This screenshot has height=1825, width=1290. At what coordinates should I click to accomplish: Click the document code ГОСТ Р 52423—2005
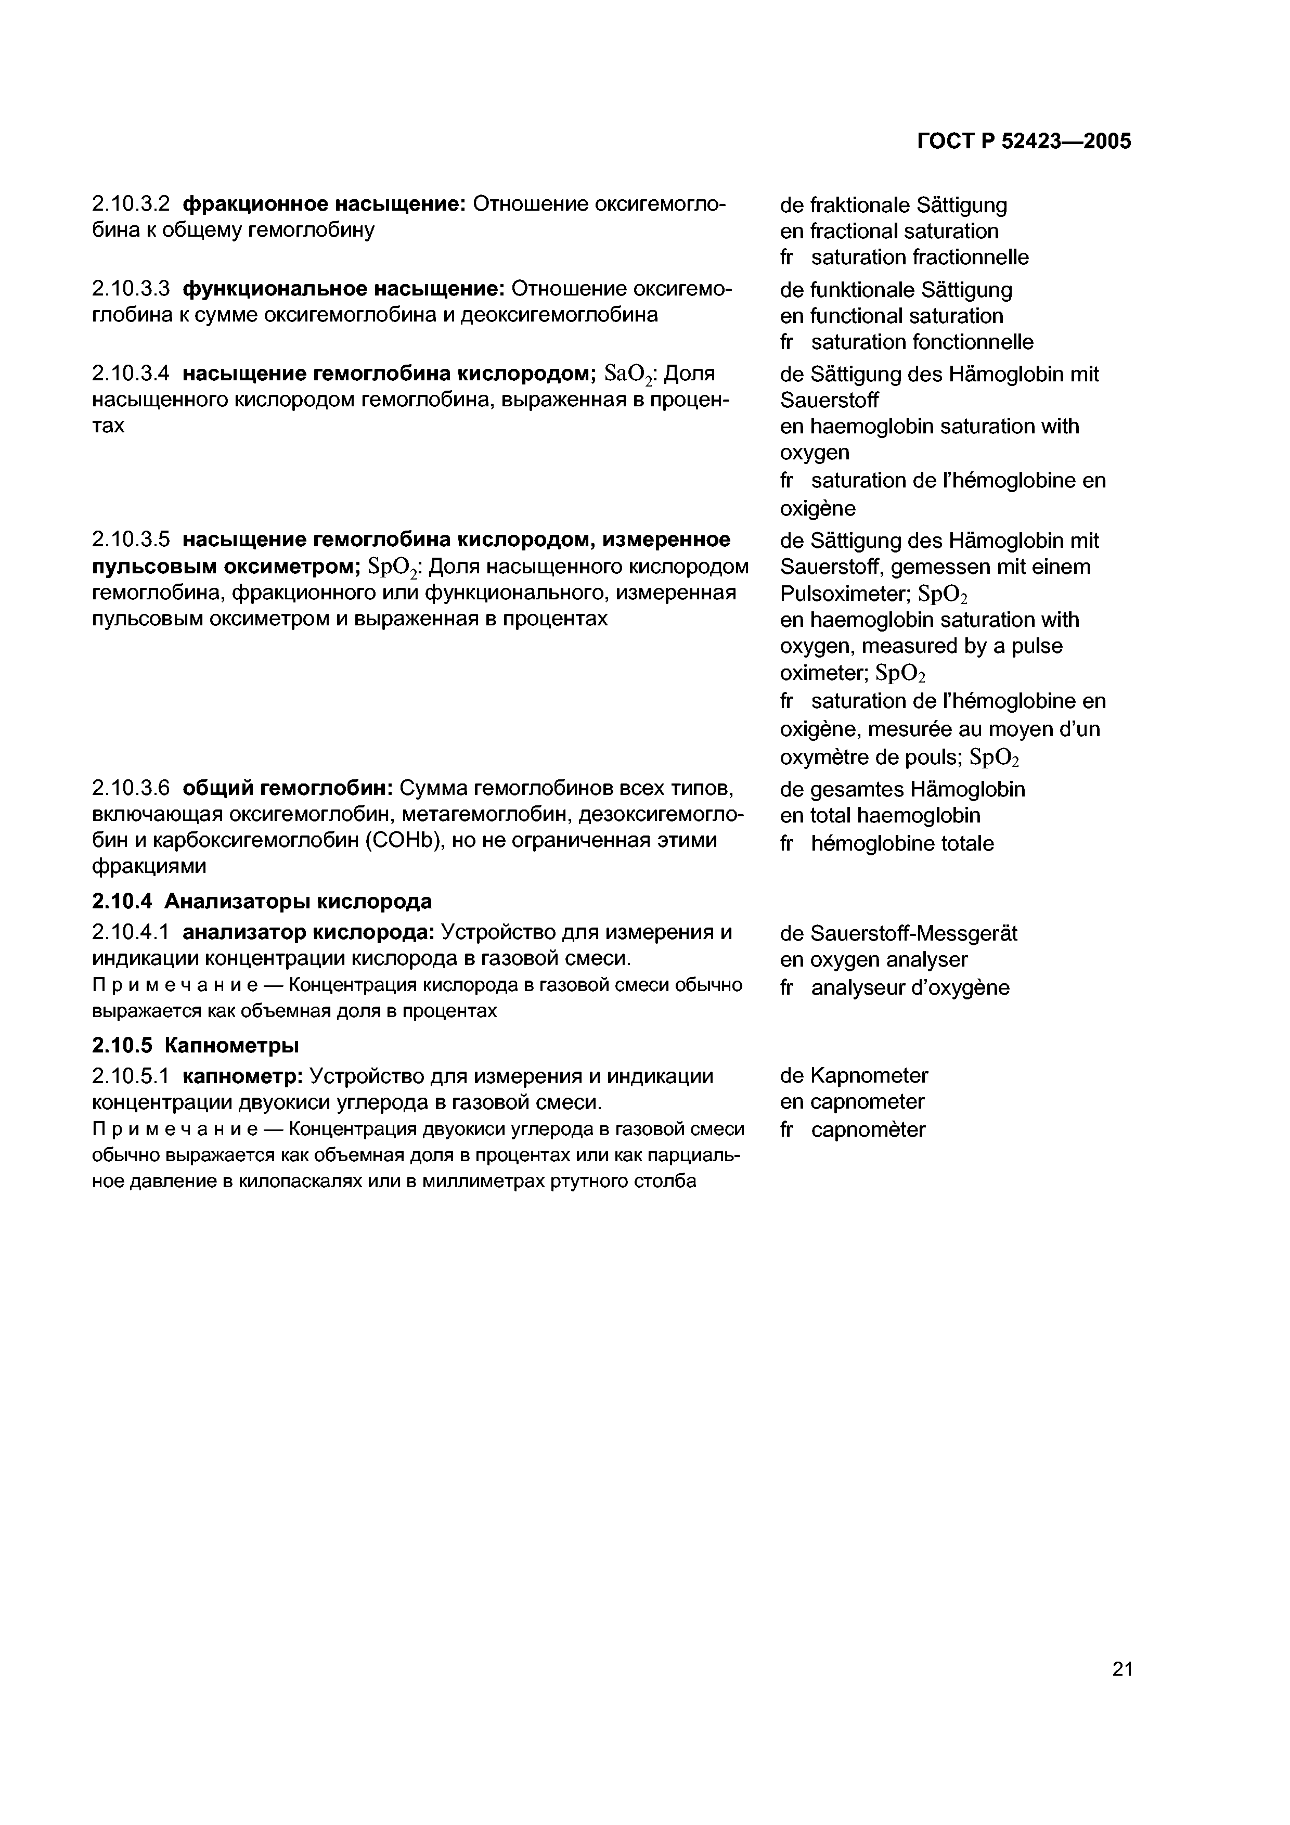tap(1024, 142)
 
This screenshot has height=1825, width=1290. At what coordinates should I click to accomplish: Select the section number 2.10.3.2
tap(131, 204)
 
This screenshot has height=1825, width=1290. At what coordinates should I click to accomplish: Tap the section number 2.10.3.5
tap(131, 539)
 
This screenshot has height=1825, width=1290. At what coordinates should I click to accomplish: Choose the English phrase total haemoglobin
tap(895, 816)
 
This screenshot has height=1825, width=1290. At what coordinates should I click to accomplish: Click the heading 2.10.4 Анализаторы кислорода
tap(262, 902)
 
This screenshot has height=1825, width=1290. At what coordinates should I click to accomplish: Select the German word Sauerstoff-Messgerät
tap(913, 933)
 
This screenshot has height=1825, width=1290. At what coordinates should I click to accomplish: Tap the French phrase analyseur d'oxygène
tap(910, 988)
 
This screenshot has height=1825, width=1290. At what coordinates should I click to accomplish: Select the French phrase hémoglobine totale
tap(902, 843)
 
